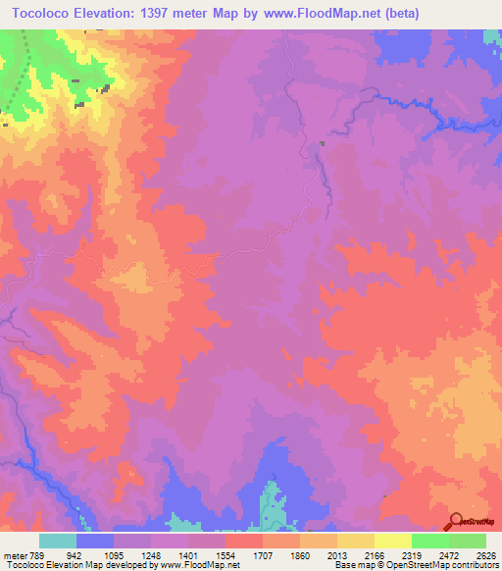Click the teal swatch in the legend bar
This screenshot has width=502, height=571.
pos(58,541)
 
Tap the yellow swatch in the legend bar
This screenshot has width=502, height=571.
pos(393,541)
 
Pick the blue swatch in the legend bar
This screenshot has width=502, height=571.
pos(95,541)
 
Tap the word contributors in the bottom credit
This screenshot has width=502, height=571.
pos(473,565)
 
